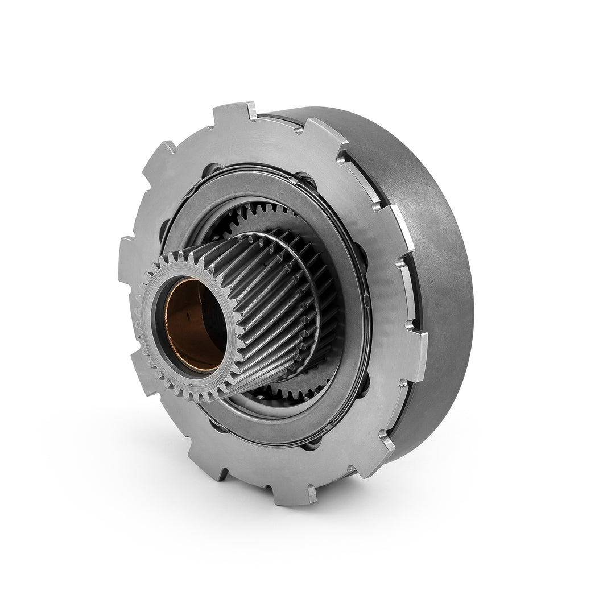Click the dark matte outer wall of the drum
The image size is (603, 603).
pyautogui.click(x=438, y=284)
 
